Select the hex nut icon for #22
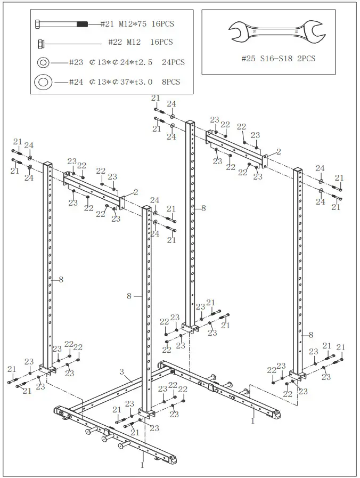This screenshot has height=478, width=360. (40, 43)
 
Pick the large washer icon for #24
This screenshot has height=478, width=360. (43, 82)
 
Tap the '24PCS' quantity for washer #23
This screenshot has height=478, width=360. (171, 62)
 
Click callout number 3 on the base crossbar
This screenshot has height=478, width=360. (121, 371)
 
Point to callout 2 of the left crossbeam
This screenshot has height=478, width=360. (136, 192)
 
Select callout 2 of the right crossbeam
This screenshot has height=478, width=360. (278, 152)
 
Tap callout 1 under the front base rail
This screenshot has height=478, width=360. (142, 465)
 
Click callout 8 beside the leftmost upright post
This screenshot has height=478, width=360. (61, 279)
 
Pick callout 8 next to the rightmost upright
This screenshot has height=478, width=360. (310, 335)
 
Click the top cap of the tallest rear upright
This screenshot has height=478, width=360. (190, 124)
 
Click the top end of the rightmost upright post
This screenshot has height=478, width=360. (298, 171)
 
